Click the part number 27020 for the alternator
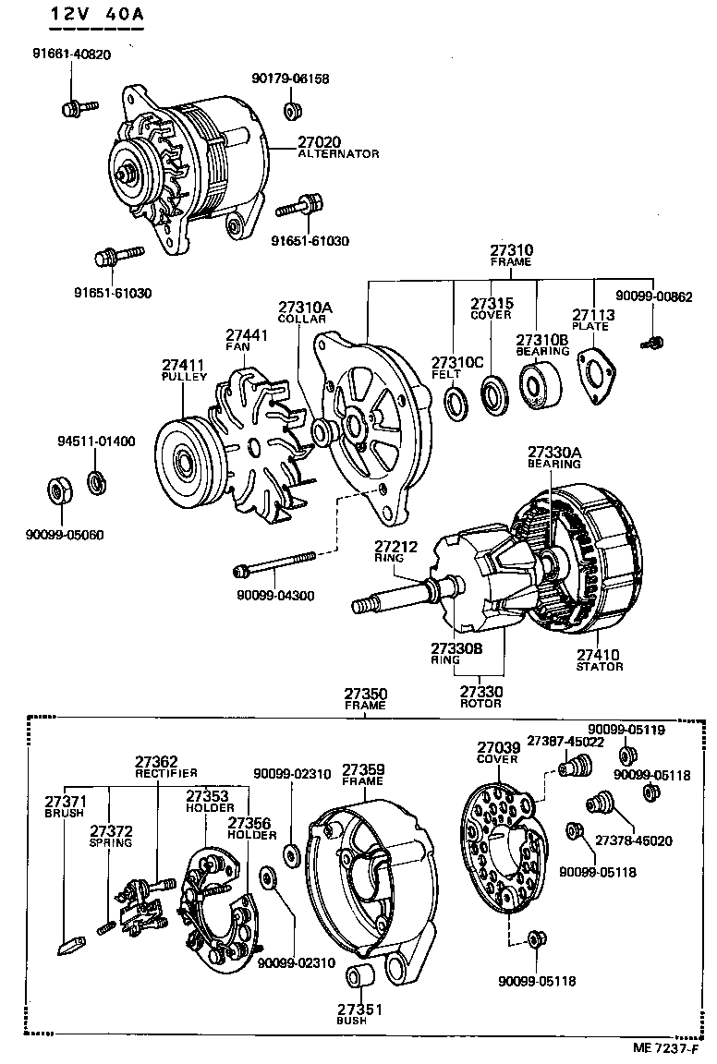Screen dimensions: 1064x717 (319, 142)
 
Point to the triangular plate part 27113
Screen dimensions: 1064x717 (596, 374)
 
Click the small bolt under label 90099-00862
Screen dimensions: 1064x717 (651, 344)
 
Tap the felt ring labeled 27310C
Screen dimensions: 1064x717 (456, 402)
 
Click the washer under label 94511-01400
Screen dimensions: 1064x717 (96, 481)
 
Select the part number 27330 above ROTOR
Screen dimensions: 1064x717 (480, 691)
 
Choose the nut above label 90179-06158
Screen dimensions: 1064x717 (291, 112)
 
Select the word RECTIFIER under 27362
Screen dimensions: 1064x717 (165, 772)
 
